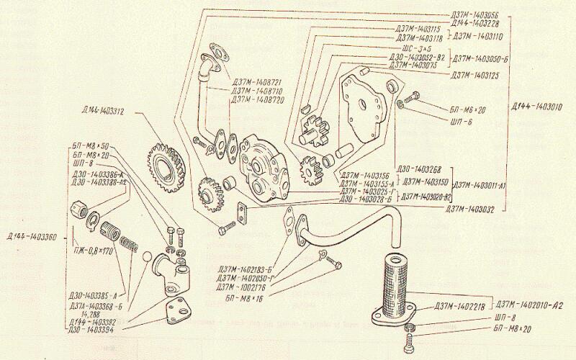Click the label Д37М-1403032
[473, 209]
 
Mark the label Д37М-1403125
[477, 76]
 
